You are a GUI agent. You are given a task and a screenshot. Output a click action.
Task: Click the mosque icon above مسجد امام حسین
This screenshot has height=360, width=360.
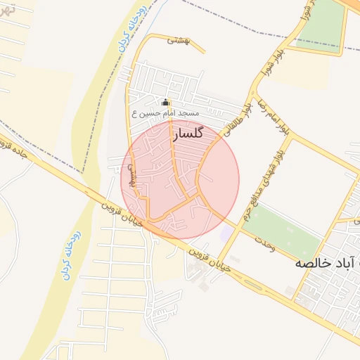(x=166, y=102)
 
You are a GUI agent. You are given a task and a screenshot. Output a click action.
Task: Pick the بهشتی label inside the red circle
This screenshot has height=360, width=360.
(x=131, y=176)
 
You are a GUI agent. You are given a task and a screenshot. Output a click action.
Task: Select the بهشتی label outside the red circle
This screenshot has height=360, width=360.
(x=179, y=40)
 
